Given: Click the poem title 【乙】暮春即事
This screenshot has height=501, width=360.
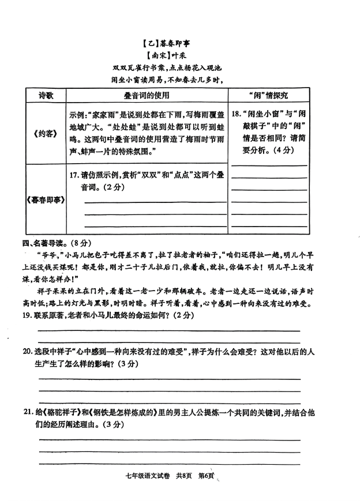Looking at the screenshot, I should click(168, 42).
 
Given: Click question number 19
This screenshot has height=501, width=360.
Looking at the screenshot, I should click(29, 315).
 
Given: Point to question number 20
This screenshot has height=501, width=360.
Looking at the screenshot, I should click(29, 352).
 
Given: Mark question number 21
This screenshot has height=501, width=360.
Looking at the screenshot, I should click(29, 413).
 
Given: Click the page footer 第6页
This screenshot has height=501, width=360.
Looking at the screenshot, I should click(207, 476).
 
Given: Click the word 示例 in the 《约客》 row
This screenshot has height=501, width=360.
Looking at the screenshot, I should click(77, 114).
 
